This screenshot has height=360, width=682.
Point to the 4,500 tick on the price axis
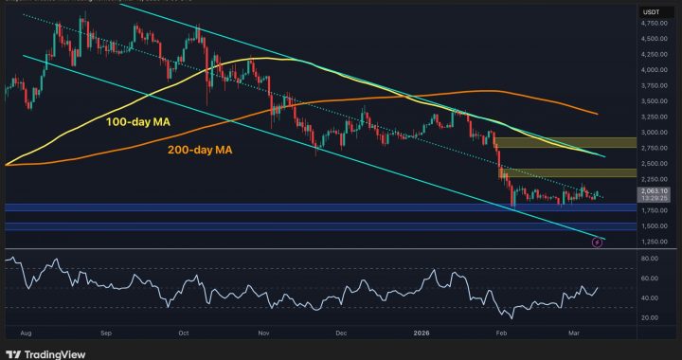tap(651, 38)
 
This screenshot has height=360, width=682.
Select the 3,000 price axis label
tap(651, 132)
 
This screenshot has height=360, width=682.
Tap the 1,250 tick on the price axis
tap(651, 242)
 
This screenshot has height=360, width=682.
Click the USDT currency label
tap(651, 11)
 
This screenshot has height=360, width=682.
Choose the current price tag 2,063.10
tap(651, 191)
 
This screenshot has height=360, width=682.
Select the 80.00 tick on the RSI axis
tap(651, 259)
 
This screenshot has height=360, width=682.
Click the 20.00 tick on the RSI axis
tap(651, 317)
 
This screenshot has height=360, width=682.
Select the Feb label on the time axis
tap(501, 333)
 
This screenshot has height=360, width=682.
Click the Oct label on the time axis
tap(185, 333)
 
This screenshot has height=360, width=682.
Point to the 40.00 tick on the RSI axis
tap(651, 297)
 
